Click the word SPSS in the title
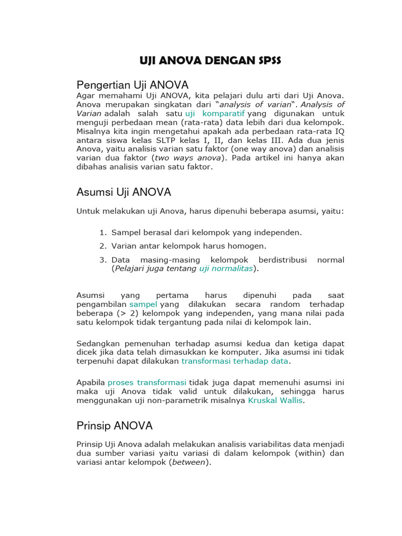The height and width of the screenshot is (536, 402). (268, 60)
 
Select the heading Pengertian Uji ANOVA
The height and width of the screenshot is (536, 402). (132, 85)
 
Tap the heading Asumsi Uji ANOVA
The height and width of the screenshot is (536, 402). (124, 192)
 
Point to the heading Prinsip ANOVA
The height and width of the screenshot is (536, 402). (115, 425)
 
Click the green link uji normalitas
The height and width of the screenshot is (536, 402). (226, 269)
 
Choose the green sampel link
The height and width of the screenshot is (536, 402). (143, 304)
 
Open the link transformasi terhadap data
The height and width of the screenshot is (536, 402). (235, 361)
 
